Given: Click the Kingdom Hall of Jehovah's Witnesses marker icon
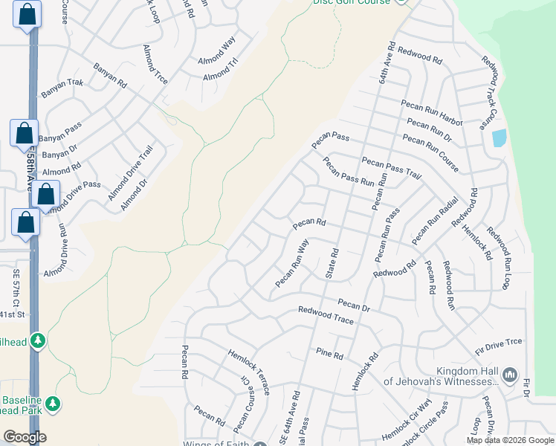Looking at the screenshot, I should click(510, 374).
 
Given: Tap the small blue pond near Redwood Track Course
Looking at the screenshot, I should click(499, 138).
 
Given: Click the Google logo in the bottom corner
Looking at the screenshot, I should click(24, 437).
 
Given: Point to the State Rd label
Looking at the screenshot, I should click(332, 263).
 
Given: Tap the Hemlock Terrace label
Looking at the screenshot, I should click(249, 371).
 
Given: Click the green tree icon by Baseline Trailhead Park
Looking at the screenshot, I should click(52, 404).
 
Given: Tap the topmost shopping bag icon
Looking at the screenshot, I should click(28, 15).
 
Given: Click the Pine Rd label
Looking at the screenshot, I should click(329, 354).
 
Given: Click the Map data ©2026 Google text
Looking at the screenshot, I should click(510, 440).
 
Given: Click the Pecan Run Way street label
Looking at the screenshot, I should click(292, 263).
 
